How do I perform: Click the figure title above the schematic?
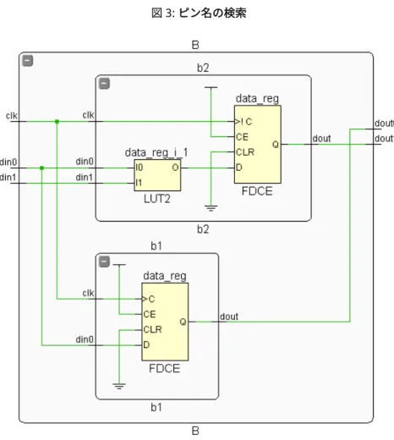point(199,13)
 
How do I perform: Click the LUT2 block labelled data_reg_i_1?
point(157,175)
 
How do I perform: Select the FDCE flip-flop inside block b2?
point(258,144)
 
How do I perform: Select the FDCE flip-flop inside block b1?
point(165,322)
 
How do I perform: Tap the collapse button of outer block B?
point(28,61)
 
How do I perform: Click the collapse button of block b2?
point(104,84)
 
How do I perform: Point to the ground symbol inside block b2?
point(211,208)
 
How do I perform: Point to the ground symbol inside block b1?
point(119,386)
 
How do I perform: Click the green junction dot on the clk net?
point(57,122)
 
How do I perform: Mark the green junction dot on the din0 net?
point(41,168)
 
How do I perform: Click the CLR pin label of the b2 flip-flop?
point(245,152)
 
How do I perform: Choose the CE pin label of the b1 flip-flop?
point(150,314)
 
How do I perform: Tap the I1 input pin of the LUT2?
point(139,183)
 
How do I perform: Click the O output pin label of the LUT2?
point(175,168)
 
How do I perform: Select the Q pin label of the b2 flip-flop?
point(276,145)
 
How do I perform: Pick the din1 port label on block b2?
point(85,178)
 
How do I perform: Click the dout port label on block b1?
point(229,316)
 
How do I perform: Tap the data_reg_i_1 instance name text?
point(156,152)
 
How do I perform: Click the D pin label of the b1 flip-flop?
point(146,344)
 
